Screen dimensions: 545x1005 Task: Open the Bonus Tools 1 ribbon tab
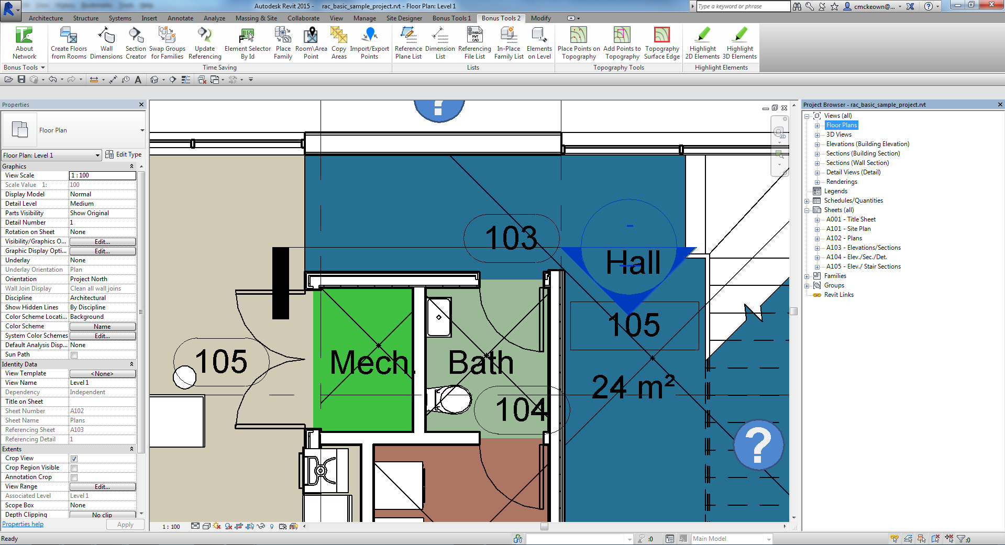[451, 18]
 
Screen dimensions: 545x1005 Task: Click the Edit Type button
[124, 154]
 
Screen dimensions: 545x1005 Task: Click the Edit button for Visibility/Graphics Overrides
[102, 242]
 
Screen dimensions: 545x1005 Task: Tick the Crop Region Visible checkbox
[74, 468]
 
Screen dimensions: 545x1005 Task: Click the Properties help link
[23, 524]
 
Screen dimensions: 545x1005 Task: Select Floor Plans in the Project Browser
[841, 125]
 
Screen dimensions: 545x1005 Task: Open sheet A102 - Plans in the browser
[844, 238]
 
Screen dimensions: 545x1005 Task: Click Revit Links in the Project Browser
[838, 295]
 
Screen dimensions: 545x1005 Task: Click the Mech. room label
[369, 362]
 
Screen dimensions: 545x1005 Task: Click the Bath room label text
[480, 362]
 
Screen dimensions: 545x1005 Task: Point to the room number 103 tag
[511, 238]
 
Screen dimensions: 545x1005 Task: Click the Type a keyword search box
[743, 6]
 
